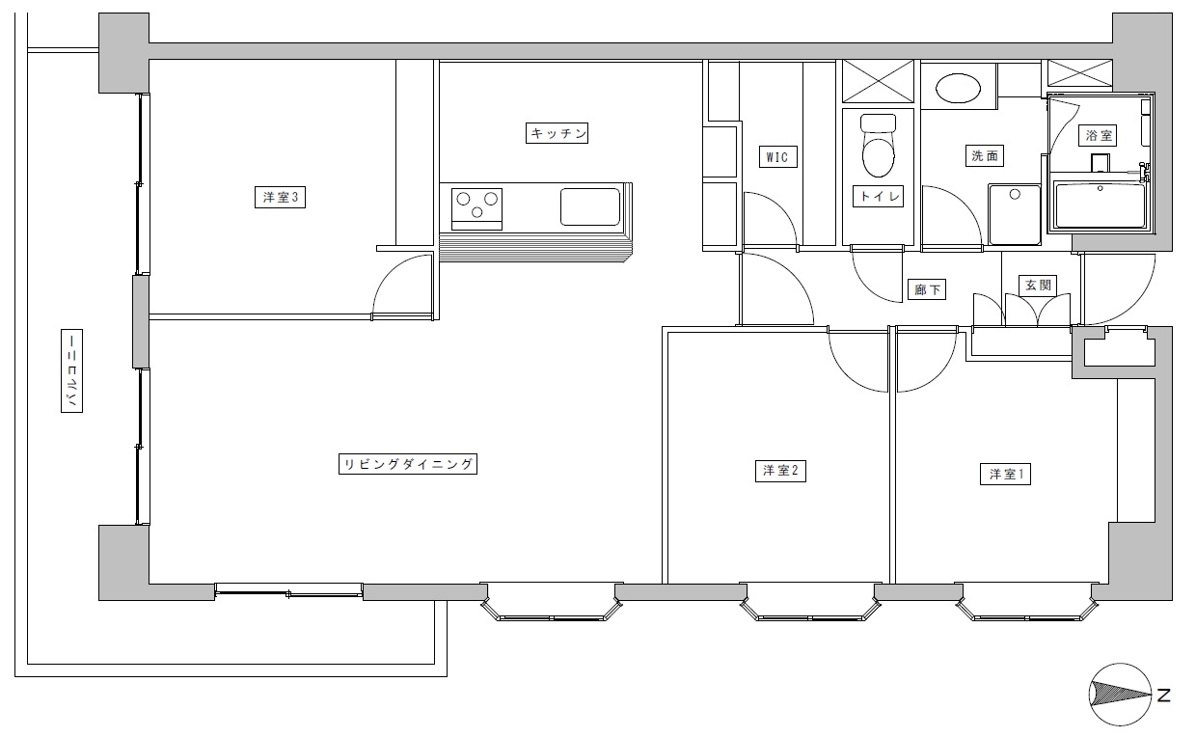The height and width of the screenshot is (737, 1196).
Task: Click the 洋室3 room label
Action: [280, 197]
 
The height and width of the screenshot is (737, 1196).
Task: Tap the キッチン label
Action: [557, 133]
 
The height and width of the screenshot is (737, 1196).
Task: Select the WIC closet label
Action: [777, 157]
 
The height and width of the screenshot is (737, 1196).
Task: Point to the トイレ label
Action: [879, 197]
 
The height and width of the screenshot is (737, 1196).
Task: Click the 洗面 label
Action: [985, 156]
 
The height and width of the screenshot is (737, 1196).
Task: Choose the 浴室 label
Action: [1098, 135]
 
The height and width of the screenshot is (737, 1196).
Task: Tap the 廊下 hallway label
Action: [927, 289]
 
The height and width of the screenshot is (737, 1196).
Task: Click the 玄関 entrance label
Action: [1038, 286]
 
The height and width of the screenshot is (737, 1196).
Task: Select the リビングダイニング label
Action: [408, 464]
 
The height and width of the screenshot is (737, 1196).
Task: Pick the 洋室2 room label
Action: [780, 471]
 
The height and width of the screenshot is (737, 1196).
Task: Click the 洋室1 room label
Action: [1005, 474]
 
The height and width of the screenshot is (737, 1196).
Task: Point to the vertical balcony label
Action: [71, 370]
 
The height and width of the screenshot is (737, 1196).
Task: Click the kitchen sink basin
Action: [590, 206]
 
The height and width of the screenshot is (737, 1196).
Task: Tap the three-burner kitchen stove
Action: [476, 208]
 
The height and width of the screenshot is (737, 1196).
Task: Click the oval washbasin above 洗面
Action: [959, 88]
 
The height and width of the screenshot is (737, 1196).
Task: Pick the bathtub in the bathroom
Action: [1101, 205]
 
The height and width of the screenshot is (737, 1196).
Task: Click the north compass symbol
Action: [1120, 695]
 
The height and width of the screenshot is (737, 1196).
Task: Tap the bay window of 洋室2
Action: [810, 602]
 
